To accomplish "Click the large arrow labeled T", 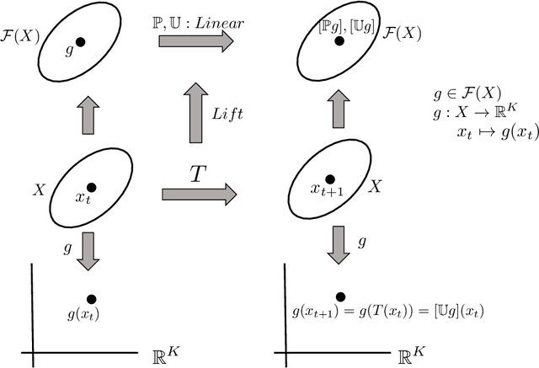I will [199, 194].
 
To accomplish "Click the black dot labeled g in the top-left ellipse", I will [80, 40].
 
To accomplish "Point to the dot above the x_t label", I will [91, 187].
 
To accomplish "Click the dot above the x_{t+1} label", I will [331, 179].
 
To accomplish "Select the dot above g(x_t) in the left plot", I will [91, 298].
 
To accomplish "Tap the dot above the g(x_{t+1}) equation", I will [340, 296].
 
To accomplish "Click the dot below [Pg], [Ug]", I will [339, 40].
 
